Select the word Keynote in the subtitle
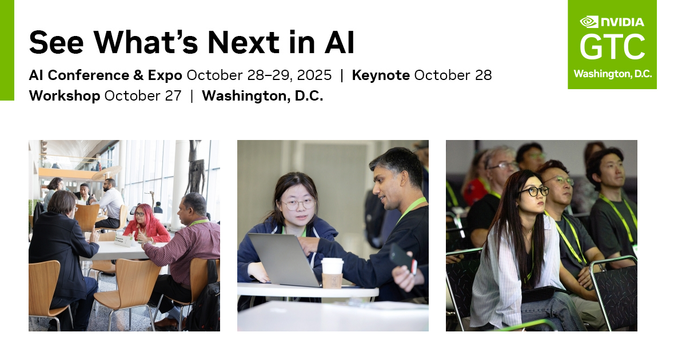click(381, 75)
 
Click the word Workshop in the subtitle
click(65, 95)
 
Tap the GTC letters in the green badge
click(612, 47)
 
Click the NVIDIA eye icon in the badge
click(589, 22)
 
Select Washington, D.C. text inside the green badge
click(612, 74)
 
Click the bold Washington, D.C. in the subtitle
click(262, 95)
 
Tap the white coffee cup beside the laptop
click(332, 273)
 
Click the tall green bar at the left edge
click(7, 50)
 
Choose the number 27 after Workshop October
click(173, 95)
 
